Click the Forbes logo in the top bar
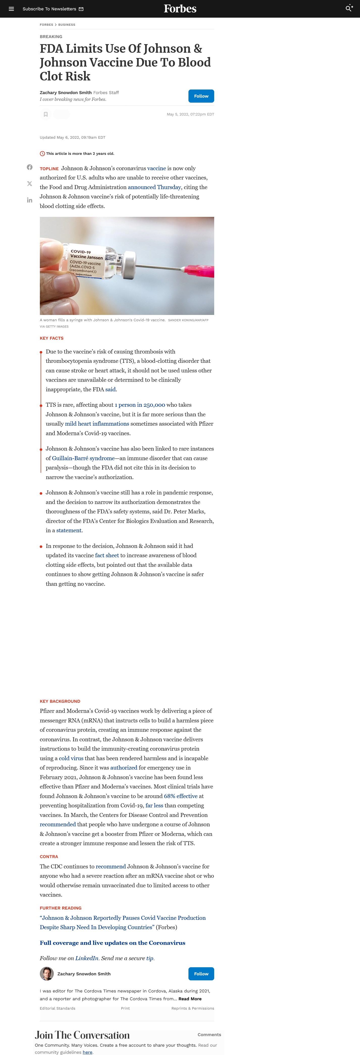tap(180, 9)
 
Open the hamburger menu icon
tap(11, 9)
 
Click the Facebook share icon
tap(30, 167)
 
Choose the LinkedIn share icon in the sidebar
tap(30, 200)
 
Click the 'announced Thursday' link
tap(154, 187)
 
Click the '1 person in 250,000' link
tap(140, 405)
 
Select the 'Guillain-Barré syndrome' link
tap(83, 458)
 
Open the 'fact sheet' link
tap(107, 555)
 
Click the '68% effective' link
tap(181, 796)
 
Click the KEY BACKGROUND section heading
tap(60, 701)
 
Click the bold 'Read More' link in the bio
tap(190, 999)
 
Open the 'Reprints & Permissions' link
tap(192, 1008)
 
